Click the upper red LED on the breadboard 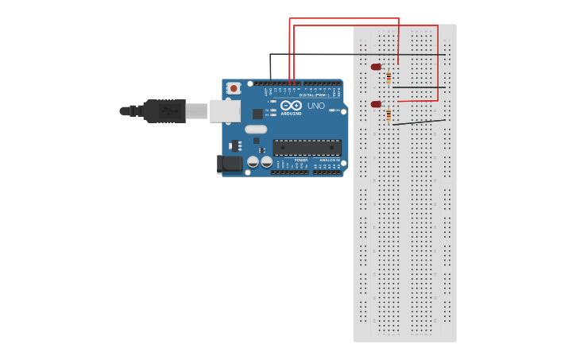[376, 67]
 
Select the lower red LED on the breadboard [376, 104]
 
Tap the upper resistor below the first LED [389, 78]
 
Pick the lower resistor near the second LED [389, 116]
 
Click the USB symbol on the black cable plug [168, 110]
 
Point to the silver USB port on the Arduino [225, 110]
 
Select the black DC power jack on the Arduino [230, 164]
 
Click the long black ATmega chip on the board [307, 148]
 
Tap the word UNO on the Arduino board [316, 106]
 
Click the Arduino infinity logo [291, 106]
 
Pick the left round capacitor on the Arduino [253, 162]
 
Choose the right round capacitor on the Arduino [267, 162]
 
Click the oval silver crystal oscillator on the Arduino [256, 130]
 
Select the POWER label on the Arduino [300, 160]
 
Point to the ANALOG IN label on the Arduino [329, 160]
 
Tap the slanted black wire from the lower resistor [419, 122]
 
